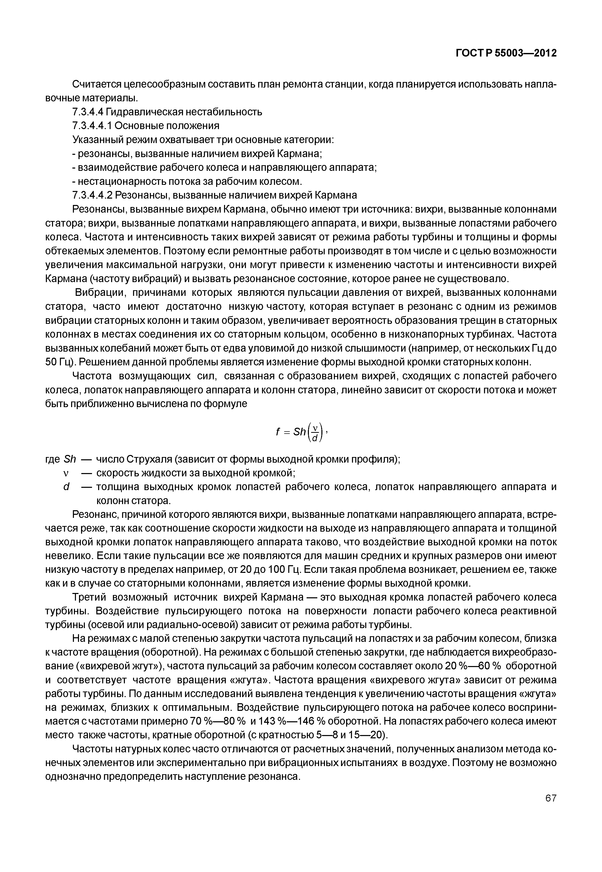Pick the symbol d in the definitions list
pyautogui.click(x=66, y=487)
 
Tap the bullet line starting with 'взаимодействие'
pyautogui.click(x=225, y=167)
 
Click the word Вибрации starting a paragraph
pyautogui.click(x=98, y=293)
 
